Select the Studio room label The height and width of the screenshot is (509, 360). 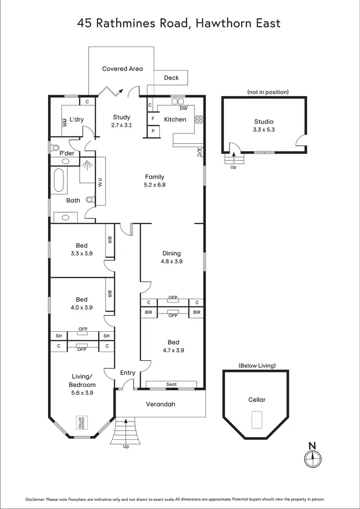pos(264,121)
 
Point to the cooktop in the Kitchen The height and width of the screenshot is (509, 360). pos(198,120)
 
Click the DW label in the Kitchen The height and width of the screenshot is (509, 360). pos(183,108)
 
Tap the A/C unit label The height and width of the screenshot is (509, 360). pos(199,153)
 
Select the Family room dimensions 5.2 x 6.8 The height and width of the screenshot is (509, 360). pos(155,184)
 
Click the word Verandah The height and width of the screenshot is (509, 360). pos(160,404)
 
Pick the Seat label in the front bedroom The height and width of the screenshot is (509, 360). pos(171,384)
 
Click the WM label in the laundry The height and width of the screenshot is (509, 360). pos(65,122)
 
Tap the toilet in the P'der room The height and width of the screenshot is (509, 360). pos(55,148)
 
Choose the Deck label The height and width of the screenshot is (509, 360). pos(171,78)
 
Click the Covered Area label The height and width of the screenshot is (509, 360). pos(122,69)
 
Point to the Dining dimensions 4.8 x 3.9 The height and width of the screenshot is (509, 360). pos(171,262)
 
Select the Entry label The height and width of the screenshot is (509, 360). pos(128,373)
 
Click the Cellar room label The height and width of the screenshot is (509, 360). pos(257,400)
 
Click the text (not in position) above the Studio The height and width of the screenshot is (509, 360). pos(268,92)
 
